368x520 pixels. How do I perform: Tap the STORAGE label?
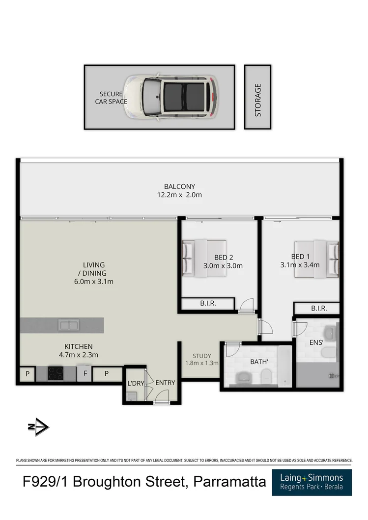(258, 100)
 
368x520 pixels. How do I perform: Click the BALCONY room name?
(179, 186)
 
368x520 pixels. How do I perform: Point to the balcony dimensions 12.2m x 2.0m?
(179, 195)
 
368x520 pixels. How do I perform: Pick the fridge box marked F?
(85, 374)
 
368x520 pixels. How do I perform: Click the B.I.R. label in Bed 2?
(208, 304)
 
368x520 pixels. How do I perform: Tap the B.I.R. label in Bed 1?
(319, 309)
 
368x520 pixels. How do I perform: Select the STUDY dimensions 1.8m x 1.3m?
(201, 363)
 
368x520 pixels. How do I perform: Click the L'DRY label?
(136, 383)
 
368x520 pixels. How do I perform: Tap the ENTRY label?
(165, 383)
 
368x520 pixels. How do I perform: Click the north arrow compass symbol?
(38, 427)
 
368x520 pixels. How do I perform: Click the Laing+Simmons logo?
(311, 482)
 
